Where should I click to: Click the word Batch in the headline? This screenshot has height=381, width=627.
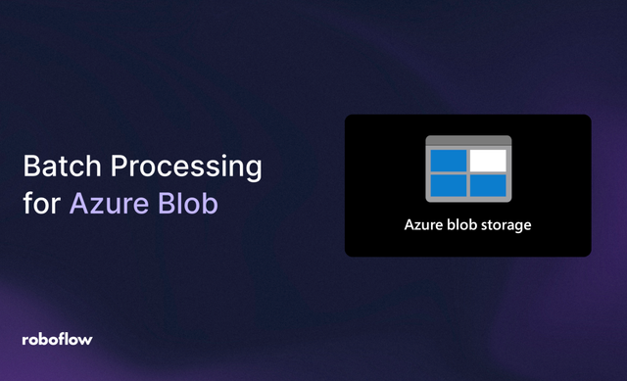click(54, 167)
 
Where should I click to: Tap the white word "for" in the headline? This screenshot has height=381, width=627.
click(39, 207)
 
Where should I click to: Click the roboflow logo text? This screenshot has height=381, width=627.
click(57, 339)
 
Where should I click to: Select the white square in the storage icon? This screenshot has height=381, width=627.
click(488, 160)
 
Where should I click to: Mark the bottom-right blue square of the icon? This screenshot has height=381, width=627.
click(488, 184)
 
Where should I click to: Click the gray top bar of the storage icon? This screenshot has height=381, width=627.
click(468, 141)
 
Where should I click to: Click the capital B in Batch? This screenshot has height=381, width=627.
click(29, 167)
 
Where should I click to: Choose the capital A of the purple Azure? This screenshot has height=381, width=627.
click(77, 207)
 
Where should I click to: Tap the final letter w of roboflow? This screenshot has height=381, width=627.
click(87, 339)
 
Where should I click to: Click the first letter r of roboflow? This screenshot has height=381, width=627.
click(24, 340)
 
